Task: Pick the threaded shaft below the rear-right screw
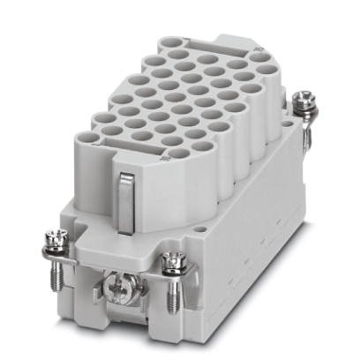(305, 132)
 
